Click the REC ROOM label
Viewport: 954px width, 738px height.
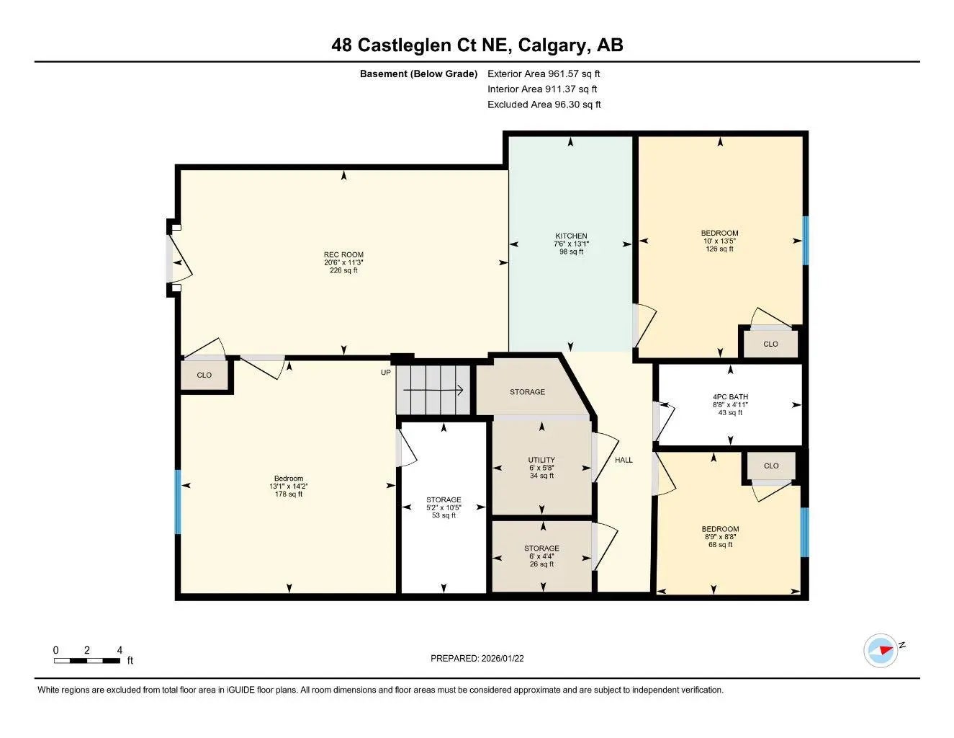[x=343, y=255]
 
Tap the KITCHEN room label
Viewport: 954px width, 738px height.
[x=571, y=236]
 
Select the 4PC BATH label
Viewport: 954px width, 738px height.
[x=730, y=397]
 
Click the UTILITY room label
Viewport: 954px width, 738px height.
[x=541, y=460]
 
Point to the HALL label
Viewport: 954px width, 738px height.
[x=624, y=460]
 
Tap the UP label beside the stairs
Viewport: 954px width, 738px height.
[x=386, y=373]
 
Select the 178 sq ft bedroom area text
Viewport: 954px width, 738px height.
[x=289, y=494]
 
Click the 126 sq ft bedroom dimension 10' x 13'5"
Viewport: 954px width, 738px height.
[x=719, y=241]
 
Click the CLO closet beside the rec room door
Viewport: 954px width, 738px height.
[x=204, y=375]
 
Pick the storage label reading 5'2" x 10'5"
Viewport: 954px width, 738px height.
[x=444, y=507]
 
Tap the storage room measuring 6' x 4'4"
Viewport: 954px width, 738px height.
[x=541, y=556]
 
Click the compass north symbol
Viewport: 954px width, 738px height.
[x=881, y=650]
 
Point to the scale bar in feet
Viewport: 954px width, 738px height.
[x=87, y=659]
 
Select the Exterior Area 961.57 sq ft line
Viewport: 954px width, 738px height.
[x=544, y=74]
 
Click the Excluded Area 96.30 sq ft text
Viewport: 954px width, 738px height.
[x=544, y=105]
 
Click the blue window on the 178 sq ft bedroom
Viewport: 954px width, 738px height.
[x=178, y=502]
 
